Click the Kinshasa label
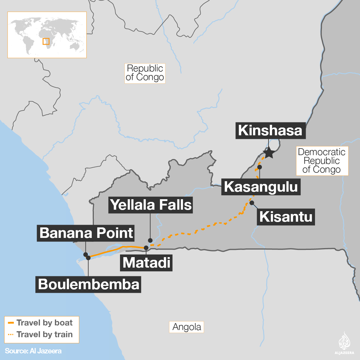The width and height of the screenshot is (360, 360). (x=270, y=130)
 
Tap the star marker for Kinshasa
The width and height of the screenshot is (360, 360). (x=269, y=153)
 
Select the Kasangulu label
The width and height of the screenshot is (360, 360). (x=261, y=187)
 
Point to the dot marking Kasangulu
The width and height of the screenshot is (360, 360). (x=260, y=167)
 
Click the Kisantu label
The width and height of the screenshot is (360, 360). (x=286, y=217)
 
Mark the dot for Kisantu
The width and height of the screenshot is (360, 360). (x=252, y=203)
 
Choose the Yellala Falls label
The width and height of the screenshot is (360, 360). (x=151, y=205)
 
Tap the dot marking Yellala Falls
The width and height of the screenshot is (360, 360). (x=150, y=240)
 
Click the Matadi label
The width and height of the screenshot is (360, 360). (x=146, y=263)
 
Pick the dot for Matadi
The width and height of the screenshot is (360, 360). (x=146, y=248)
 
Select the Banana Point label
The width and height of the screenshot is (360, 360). (x=86, y=233)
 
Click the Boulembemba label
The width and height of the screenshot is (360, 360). (x=88, y=284)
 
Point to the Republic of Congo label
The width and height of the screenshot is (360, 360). (x=145, y=73)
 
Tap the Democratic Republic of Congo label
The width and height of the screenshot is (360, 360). (x=322, y=161)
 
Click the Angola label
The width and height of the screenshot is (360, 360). (x=187, y=327)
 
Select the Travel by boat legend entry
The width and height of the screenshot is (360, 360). (x=41, y=323)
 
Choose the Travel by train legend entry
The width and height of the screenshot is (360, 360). (x=41, y=334)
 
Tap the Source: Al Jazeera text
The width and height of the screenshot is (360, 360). (x=33, y=351)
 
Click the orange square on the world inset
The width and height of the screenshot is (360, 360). (x=46, y=41)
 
